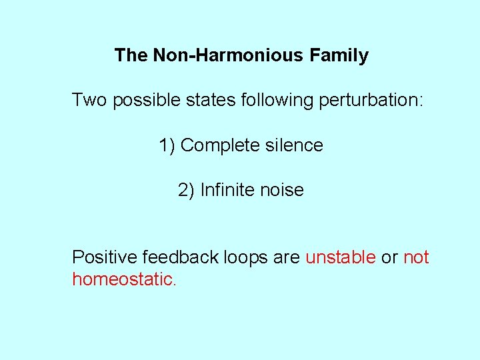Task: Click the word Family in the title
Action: point(339,55)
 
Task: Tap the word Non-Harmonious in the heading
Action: point(229,55)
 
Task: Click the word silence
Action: point(294,145)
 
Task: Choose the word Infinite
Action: point(227,190)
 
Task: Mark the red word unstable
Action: point(341,257)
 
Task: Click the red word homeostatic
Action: point(123,279)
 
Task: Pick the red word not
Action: point(416,257)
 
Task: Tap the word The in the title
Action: point(131,55)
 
